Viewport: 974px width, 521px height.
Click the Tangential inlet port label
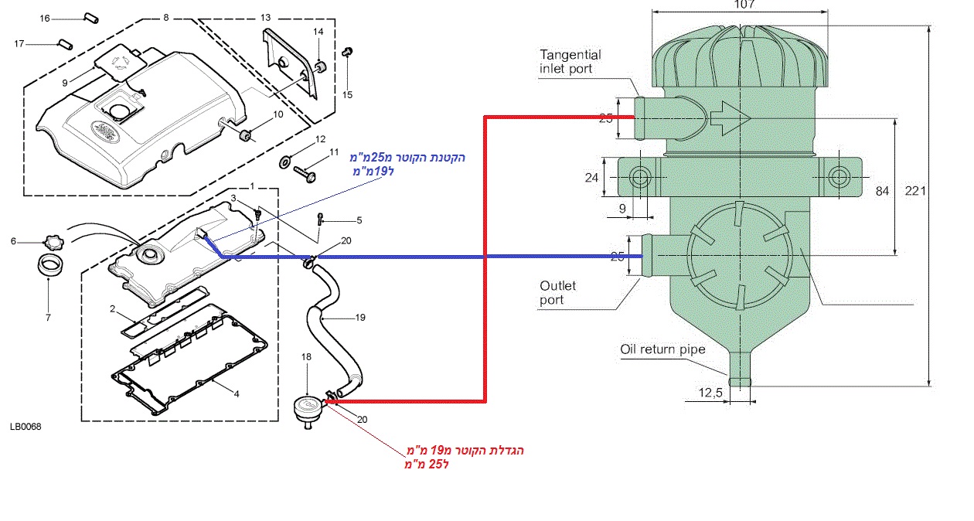click(570, 62)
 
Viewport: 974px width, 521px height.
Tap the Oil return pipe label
click(662, 349)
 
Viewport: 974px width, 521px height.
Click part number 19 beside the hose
click(359, 317)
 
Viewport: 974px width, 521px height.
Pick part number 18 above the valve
click(307, 357)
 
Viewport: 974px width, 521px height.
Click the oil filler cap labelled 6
click(51, 240)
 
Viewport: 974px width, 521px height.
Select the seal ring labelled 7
click(49, 264)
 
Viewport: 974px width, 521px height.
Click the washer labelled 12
click(284, 162)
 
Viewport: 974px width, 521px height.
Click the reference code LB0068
click(26, 427)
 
